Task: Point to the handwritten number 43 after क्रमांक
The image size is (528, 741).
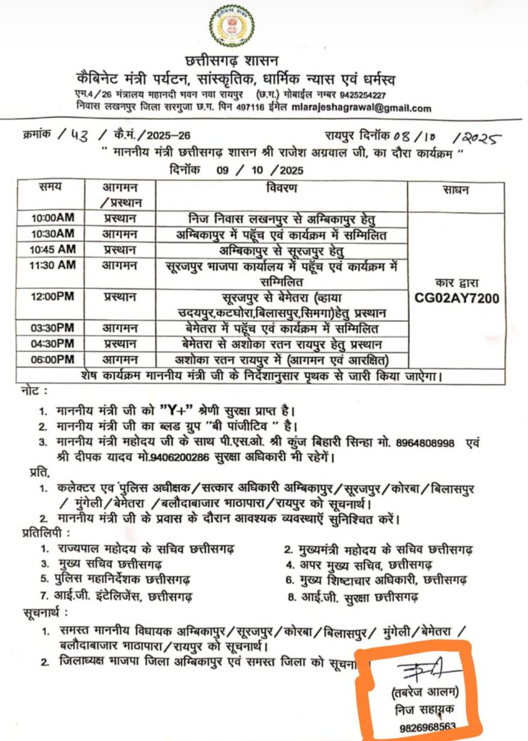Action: pos(93,135)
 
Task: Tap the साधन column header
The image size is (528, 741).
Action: pos(456,190)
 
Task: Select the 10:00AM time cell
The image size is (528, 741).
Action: pos(53,218)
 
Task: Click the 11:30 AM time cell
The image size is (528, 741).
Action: pos(53,265)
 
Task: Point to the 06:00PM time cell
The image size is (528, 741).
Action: pos(53,360)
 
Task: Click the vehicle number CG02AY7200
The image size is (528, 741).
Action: pos(456,297)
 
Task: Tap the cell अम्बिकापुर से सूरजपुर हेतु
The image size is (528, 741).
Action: pos(281,250)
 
